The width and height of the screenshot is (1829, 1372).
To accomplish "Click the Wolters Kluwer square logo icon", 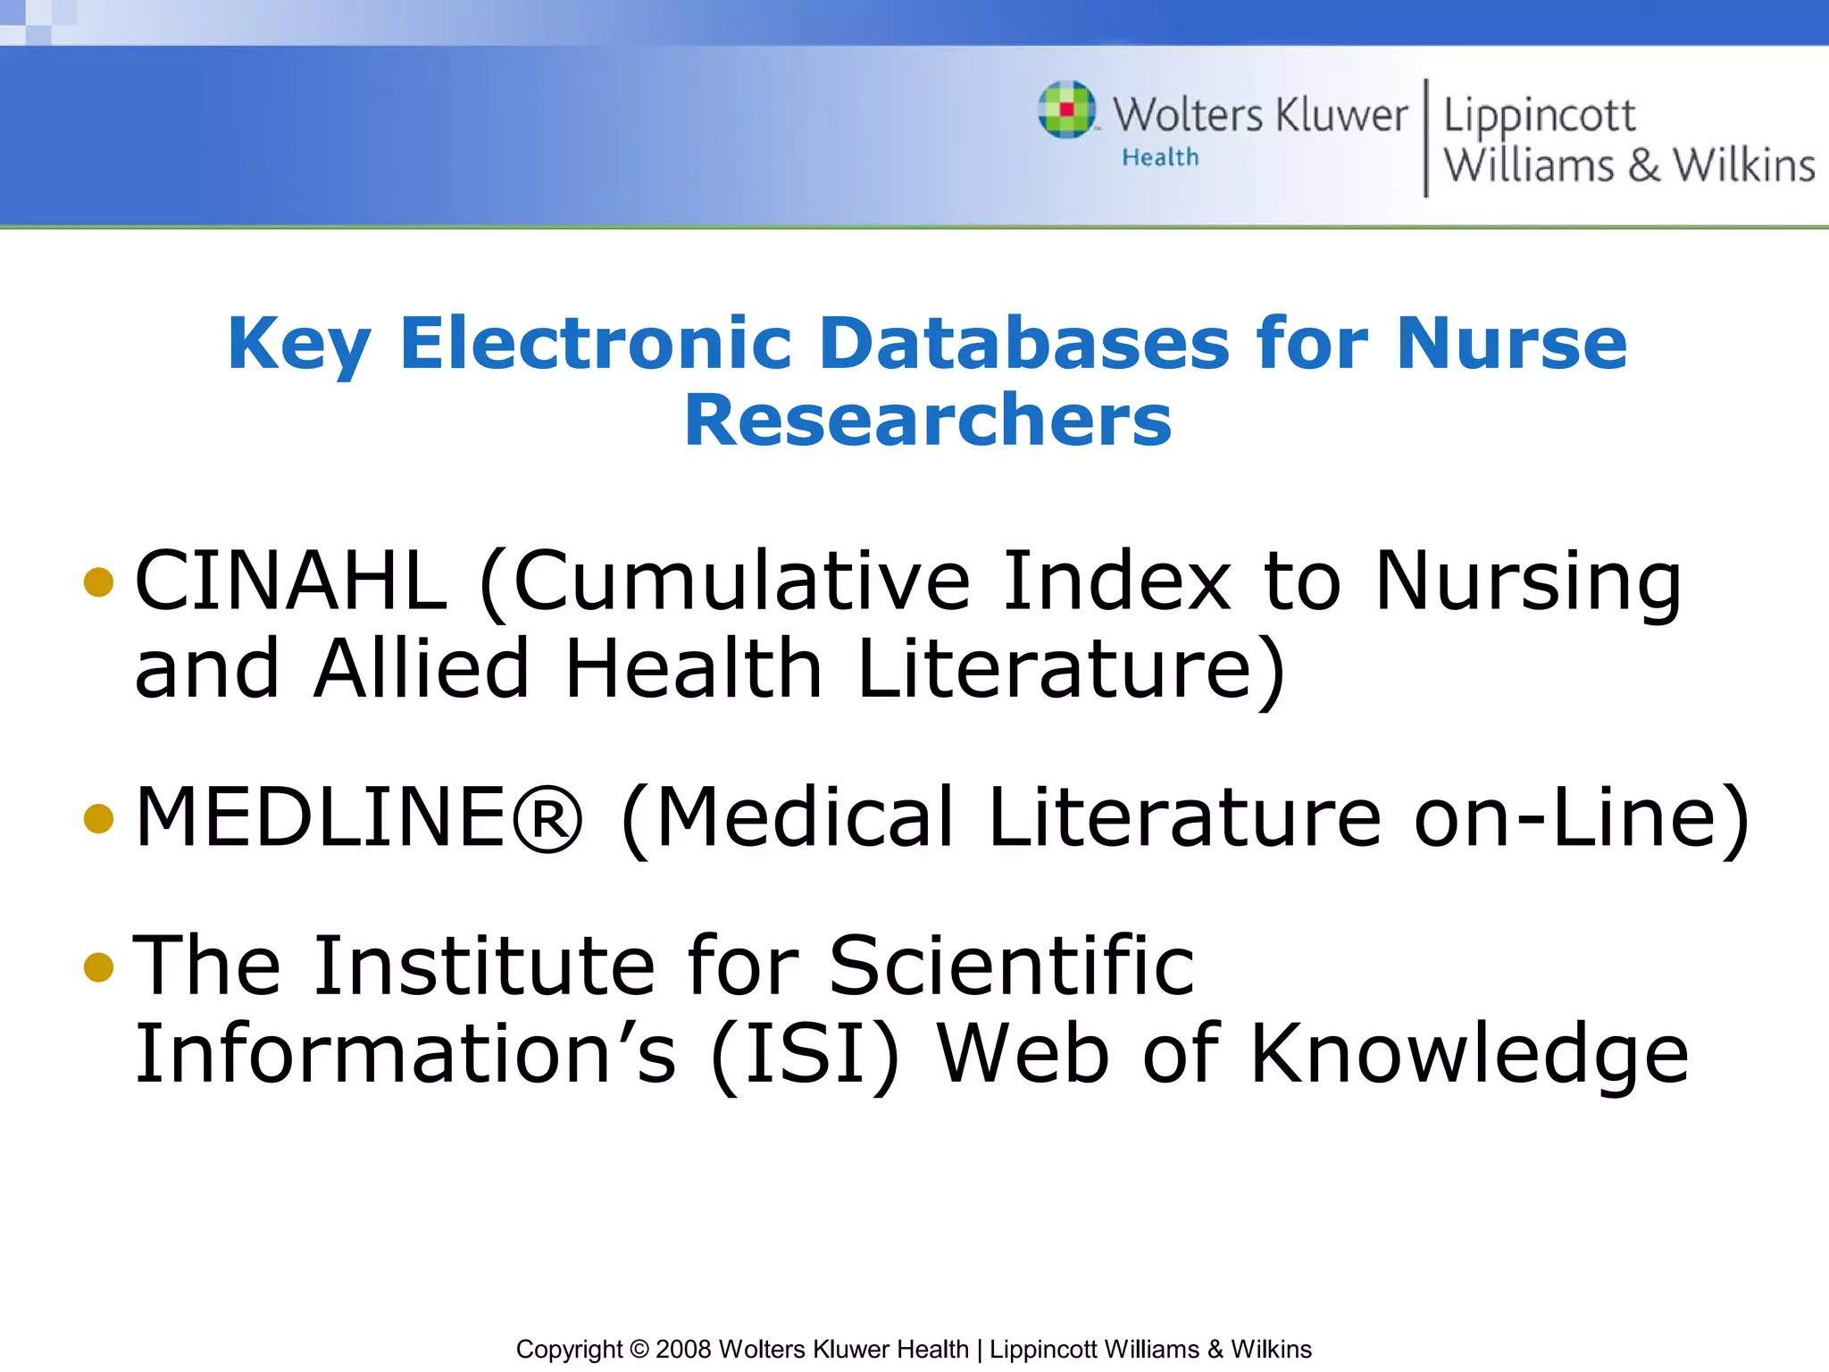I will tap(1067, 110).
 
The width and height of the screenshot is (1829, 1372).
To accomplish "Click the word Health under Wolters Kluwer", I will tap(1160, 157).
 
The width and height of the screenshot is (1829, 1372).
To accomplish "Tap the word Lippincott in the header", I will tap(1540, 116).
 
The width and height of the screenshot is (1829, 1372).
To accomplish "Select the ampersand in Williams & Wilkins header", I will tap(1643, 165).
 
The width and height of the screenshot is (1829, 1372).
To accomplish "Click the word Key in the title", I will tap(298, 344).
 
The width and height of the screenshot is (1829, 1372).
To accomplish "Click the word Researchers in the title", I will tap(928, 420).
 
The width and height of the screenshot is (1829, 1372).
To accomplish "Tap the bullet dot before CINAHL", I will tap(98, 582).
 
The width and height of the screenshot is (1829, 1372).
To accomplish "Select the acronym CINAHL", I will tap(291, 581).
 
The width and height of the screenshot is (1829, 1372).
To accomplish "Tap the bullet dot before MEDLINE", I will tap(98, 818).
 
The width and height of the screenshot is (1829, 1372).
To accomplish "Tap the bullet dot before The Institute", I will tap(98, 966).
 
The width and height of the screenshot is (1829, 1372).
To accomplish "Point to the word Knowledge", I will tap(1469, 1055).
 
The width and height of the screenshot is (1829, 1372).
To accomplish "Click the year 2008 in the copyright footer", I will tap(683, 1349).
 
